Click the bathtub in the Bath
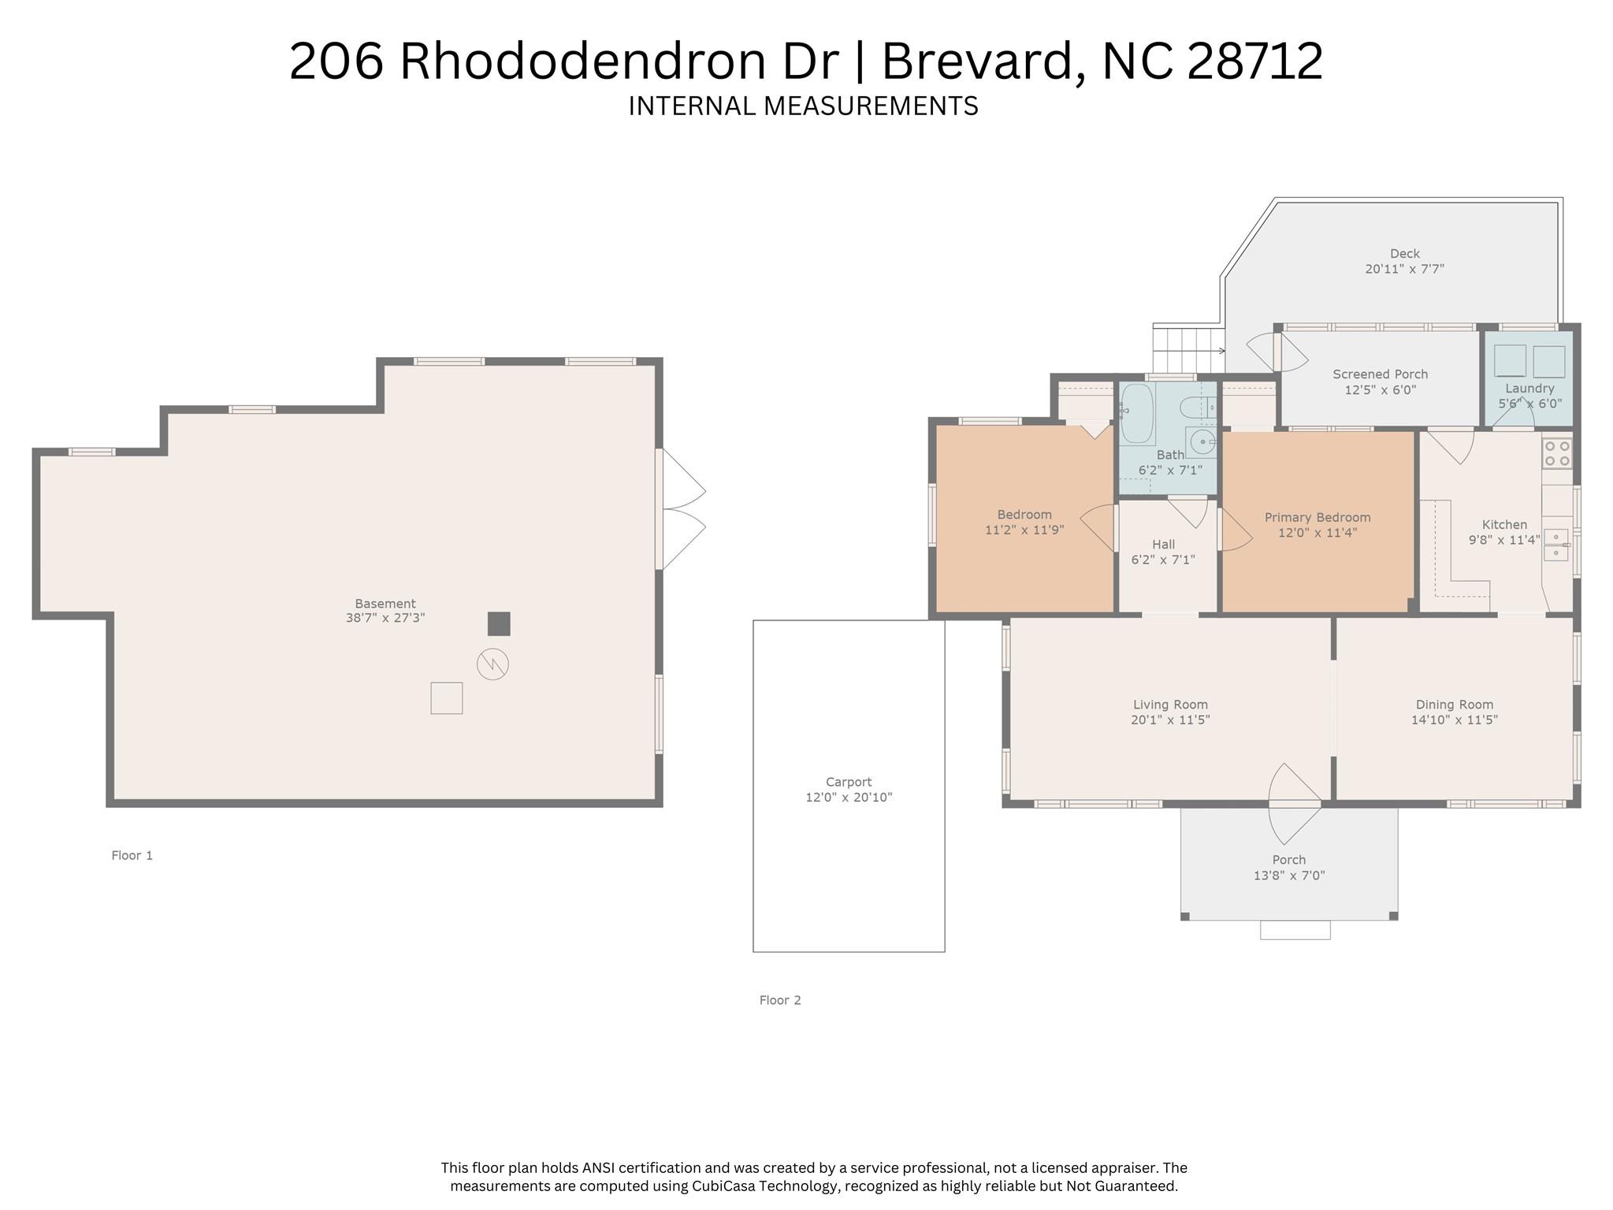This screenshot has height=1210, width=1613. [1136, 414]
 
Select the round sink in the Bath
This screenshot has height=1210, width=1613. [1202, 442]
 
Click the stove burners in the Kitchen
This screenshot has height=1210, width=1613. [1557, 453]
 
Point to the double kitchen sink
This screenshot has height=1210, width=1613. [1555, 545]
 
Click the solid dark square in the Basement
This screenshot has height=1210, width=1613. [499, 624]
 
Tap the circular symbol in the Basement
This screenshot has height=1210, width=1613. [492, 664]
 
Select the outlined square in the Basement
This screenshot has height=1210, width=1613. [446, 698]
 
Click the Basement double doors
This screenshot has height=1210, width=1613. [682, 509]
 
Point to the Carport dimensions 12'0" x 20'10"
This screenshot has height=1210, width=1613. [849, 797]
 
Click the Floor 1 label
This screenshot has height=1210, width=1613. [132, 855]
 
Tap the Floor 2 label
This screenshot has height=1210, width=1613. [779, 1000]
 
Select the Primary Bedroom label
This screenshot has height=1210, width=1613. [1317, 517]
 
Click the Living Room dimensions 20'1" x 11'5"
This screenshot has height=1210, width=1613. [1169, 720]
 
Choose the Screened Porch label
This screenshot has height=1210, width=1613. [1380, 374]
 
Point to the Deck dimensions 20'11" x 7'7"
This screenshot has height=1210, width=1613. [1404, 269]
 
